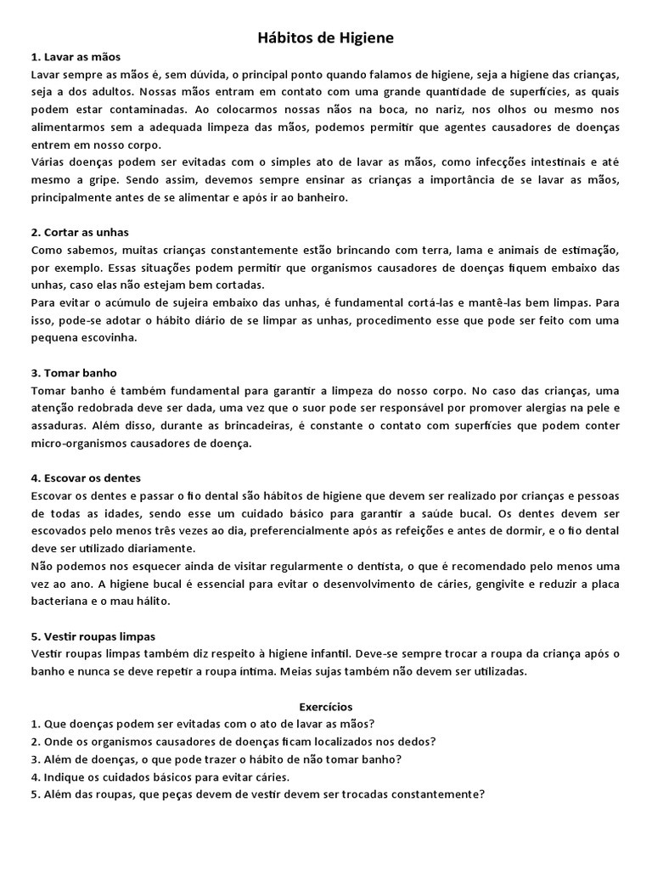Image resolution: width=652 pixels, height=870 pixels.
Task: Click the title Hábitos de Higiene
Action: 326,38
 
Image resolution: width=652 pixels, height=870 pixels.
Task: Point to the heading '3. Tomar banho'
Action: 74,372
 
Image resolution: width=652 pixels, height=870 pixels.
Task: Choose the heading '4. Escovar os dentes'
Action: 86,477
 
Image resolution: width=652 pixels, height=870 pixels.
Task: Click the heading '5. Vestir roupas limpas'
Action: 93,636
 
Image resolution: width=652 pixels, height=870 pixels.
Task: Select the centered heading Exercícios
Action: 326,706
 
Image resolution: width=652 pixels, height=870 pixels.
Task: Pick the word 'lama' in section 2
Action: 445,250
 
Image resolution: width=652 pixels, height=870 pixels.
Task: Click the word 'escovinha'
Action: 106,337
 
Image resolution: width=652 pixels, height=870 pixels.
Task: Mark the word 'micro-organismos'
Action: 76,443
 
